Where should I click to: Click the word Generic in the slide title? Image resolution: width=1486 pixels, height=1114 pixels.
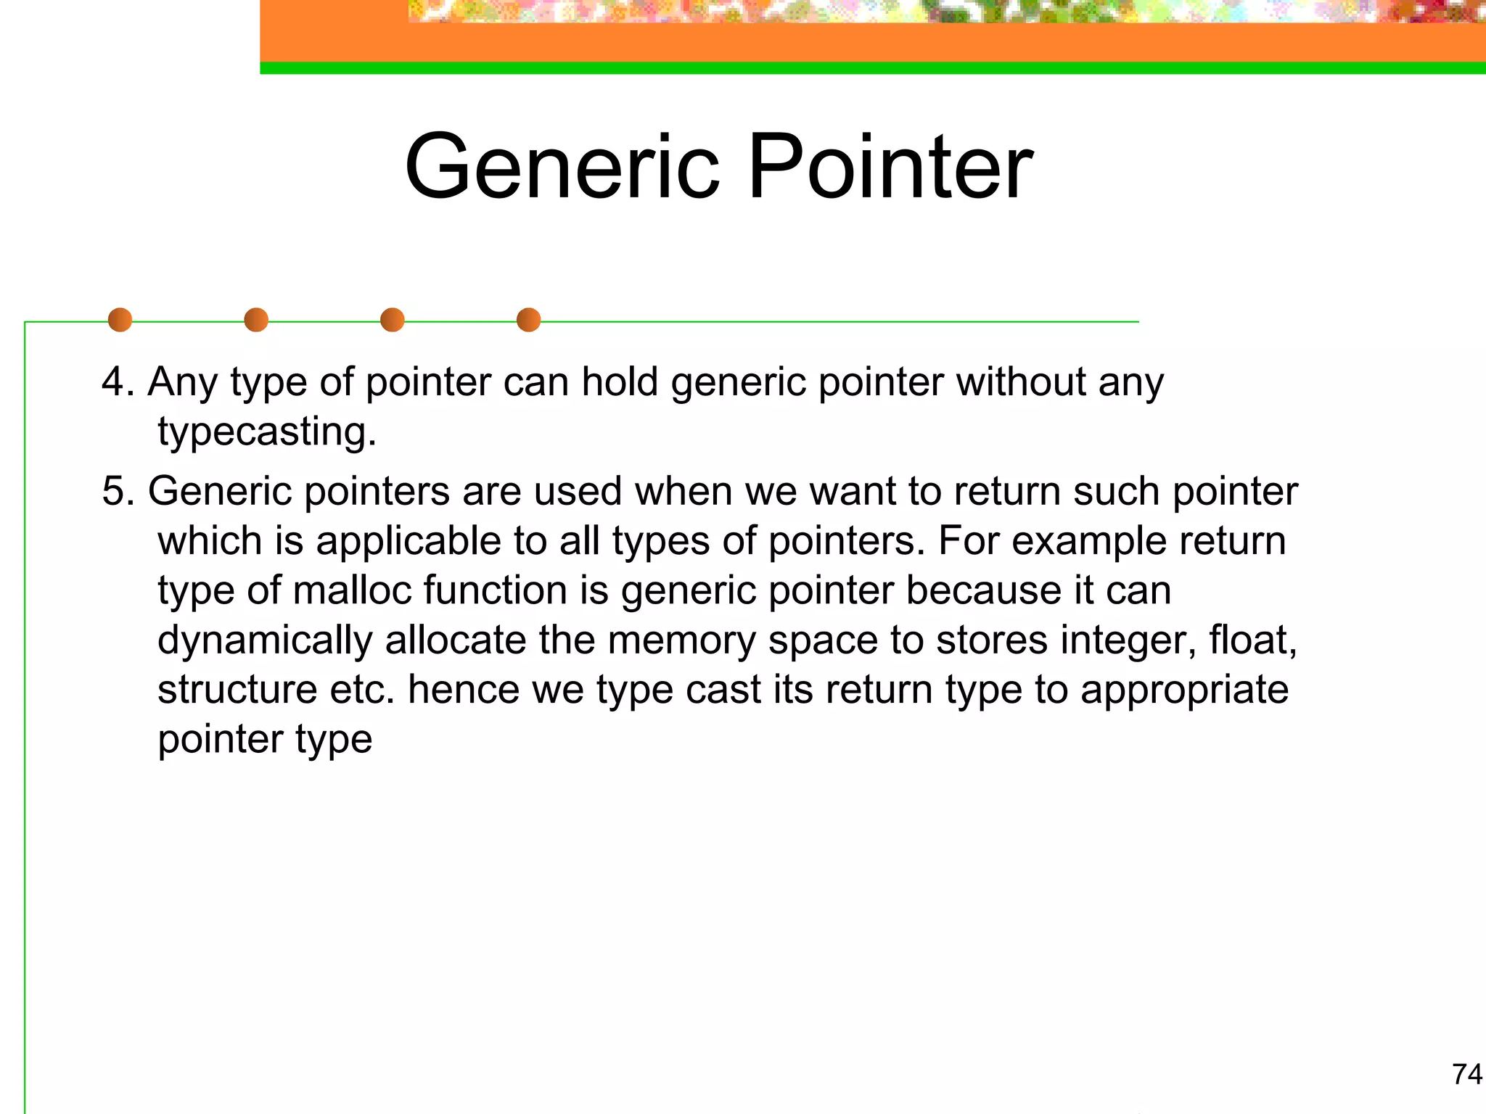(x=563, y=167)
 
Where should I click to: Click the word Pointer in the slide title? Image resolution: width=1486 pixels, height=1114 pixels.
(x=890, y=167)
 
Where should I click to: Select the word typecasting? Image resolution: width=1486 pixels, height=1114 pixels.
(x=266, y=432)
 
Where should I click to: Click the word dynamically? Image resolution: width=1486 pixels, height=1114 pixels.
(x=265, y=641)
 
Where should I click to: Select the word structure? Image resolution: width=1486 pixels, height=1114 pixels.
(x=237, y=689)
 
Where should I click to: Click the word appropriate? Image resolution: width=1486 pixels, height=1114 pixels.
(x=1184, y=690)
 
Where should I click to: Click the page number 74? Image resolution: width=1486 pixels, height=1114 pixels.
(x=1466, y=1073)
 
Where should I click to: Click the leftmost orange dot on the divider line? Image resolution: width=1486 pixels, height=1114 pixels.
(x=120, y=320)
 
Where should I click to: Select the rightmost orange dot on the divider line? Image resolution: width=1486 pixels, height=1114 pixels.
(x=528, y=320)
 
